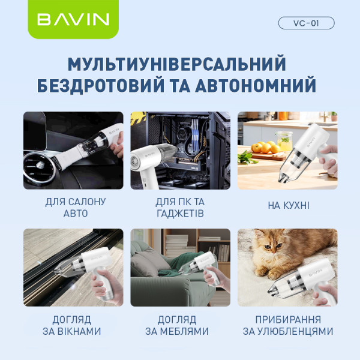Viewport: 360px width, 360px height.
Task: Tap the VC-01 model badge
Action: click(x=306, y=23)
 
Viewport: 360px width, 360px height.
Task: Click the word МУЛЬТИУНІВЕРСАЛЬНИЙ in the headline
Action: click(x=176, y=64)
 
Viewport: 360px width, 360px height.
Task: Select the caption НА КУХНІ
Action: click(x=289, y=206)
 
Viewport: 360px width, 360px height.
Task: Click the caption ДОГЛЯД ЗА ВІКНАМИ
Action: click(x=74, y=325)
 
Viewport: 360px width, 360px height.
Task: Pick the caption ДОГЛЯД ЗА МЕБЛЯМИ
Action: click(x=180, y=325)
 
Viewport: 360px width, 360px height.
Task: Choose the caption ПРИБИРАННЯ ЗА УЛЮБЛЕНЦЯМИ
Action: click(x=289, y=325)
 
